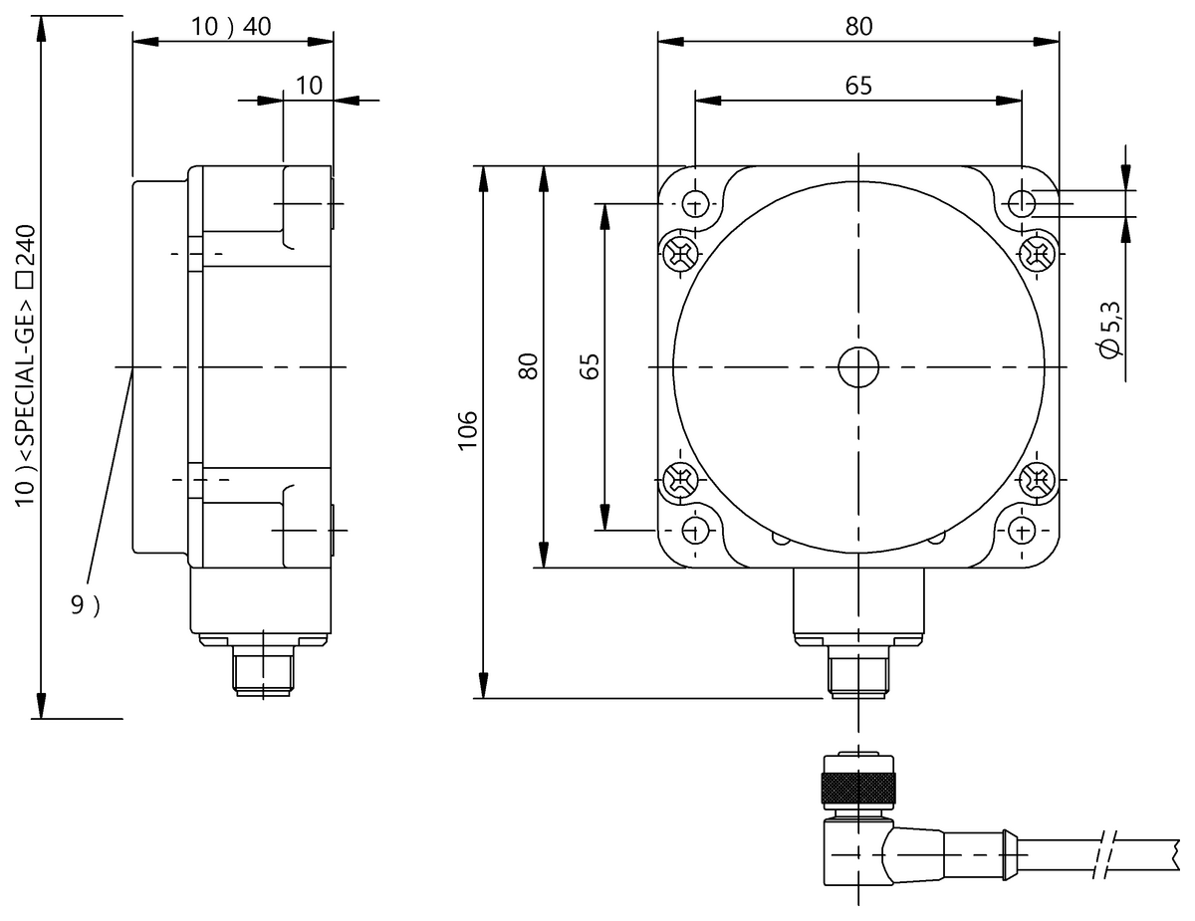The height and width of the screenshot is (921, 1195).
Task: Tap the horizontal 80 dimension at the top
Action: point(858,27)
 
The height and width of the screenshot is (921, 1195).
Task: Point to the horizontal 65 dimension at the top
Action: point(858,86)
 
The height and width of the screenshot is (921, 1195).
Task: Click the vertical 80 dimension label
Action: point(529,365)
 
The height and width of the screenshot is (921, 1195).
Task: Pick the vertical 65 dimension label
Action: point(589,365)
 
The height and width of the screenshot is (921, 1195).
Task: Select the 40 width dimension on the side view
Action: point(257,27)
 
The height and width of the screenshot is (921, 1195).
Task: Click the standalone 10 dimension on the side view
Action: point(309,86)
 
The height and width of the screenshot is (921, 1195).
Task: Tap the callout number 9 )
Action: point(85,605)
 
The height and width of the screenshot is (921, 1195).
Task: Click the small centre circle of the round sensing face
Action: point(856,367)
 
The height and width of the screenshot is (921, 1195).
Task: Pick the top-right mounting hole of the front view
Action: point(1022,203)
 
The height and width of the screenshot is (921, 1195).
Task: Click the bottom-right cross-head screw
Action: point(1037,482)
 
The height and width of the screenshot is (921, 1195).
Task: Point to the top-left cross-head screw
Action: point(681,254)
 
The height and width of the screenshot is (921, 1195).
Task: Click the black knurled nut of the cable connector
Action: point(856,789)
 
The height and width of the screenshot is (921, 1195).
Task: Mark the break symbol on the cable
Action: point(1105,853)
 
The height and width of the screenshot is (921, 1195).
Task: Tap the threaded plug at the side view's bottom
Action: point(261,671)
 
